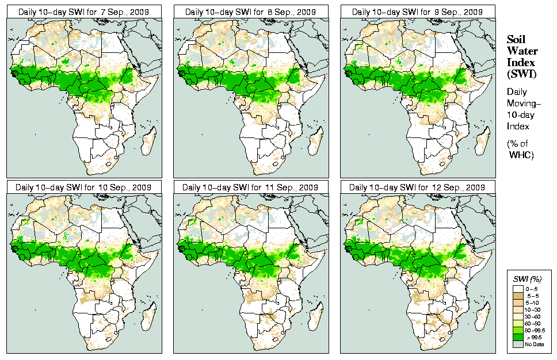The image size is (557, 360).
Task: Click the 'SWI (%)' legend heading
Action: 526,278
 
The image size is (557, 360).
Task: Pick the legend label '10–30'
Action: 533,309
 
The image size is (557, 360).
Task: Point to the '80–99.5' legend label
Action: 536,330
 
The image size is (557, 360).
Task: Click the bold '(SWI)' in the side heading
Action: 520,74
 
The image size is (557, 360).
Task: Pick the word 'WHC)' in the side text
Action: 522,155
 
